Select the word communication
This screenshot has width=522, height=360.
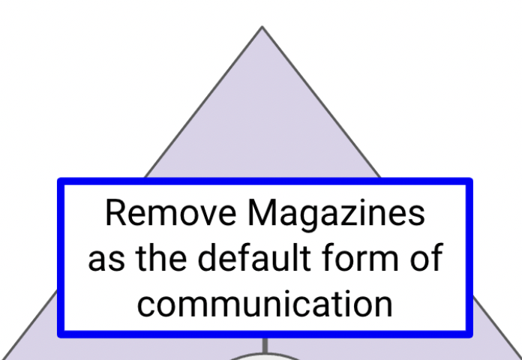pyautogui.click(x=265, y=304)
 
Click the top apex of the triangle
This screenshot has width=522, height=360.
pyautogui.click(x=262, y=28)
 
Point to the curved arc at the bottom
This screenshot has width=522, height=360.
pyautogui.click(x=264, y=355)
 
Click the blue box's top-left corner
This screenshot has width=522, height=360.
pyautogui.click(x=60, y=181)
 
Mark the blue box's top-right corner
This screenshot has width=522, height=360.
pyautogui.click(x=470, y=181)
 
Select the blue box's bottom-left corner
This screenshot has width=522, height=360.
pyautogui.click(x=60, y=334)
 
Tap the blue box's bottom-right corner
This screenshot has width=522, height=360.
pyautogui.click(x=470, y=334)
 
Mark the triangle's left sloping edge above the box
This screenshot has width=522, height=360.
pyautogui.click(x=202, y=105)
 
